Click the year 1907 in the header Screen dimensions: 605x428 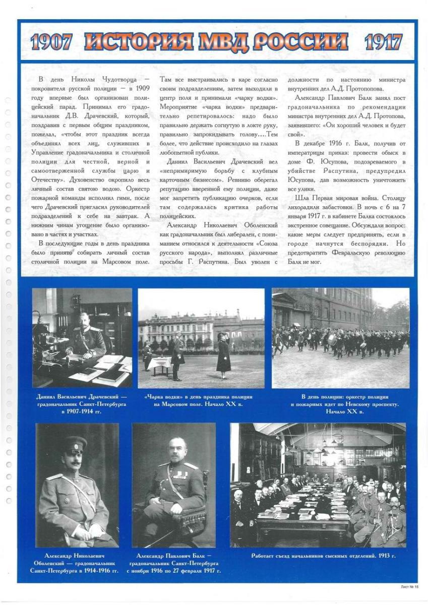pos(51,42)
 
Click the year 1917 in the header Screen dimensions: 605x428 pos(383,42)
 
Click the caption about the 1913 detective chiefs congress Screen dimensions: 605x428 pos(323,556)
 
